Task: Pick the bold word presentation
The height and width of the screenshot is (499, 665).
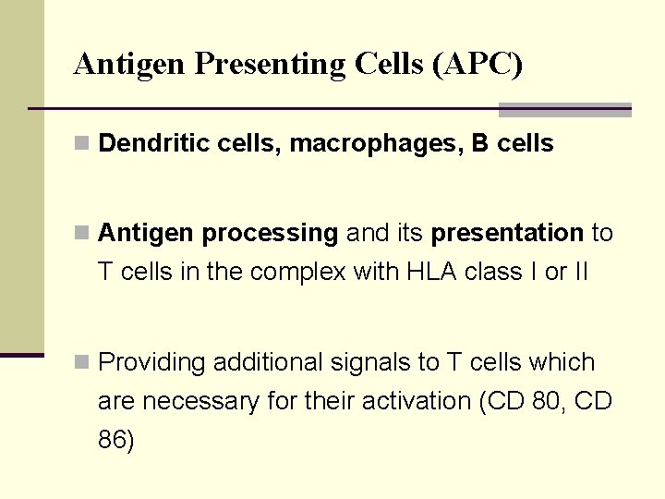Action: click(507, 234)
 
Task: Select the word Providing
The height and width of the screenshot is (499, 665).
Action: click(151, 362)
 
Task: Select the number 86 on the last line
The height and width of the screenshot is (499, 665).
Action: click(115, 440)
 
